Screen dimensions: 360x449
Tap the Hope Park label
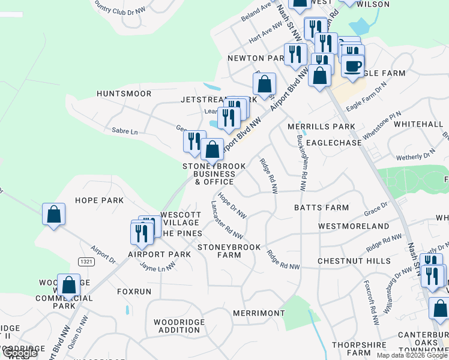[99, 200]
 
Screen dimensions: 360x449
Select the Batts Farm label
[321, 208]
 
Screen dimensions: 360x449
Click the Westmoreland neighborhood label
[354, 226]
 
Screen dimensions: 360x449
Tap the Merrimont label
[259, 313]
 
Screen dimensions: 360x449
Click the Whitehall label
[419, 124]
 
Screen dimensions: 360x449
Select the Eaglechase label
[334, 143]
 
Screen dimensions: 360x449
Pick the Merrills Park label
[321, 127]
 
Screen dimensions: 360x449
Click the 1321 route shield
[85, 260]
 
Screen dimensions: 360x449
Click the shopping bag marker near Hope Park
[53, 214]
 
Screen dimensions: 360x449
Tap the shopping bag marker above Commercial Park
[68, 285]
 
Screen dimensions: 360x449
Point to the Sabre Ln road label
[125, 131]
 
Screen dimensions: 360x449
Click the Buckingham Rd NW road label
[303, 157]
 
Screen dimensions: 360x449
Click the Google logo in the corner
[20, 353]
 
